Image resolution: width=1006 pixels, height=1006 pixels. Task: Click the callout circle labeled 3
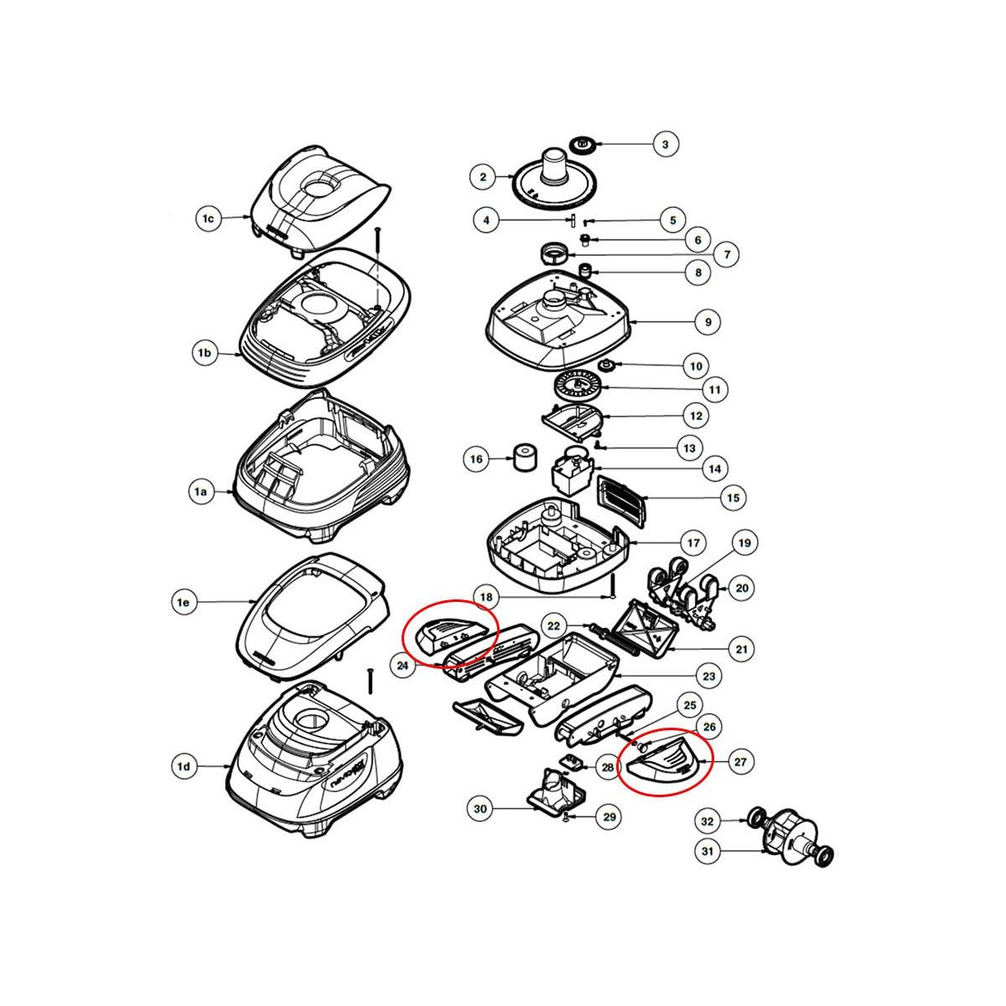[x=665, y=145]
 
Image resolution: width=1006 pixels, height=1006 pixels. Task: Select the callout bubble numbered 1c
[x=209, y=219]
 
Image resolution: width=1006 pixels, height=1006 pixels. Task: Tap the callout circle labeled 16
[x=476, y=459]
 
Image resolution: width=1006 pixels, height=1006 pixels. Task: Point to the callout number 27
[x=739, y=762]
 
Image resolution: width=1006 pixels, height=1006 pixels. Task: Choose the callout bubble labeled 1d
[x=184, y=765]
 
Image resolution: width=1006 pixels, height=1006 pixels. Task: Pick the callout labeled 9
[x=708, y=321]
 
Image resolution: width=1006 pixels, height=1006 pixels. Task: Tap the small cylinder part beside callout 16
[x=525, y=458]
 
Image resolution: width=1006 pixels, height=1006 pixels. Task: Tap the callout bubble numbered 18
[x=485, y=598]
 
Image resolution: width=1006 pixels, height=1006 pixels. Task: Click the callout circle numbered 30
[x=480, y=809]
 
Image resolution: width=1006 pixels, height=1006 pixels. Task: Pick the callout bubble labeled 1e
[x=184, y=601]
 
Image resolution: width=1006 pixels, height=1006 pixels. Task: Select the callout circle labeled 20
[x=742, y=589]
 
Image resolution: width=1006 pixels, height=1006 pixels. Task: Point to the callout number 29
[x=609, y=817]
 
